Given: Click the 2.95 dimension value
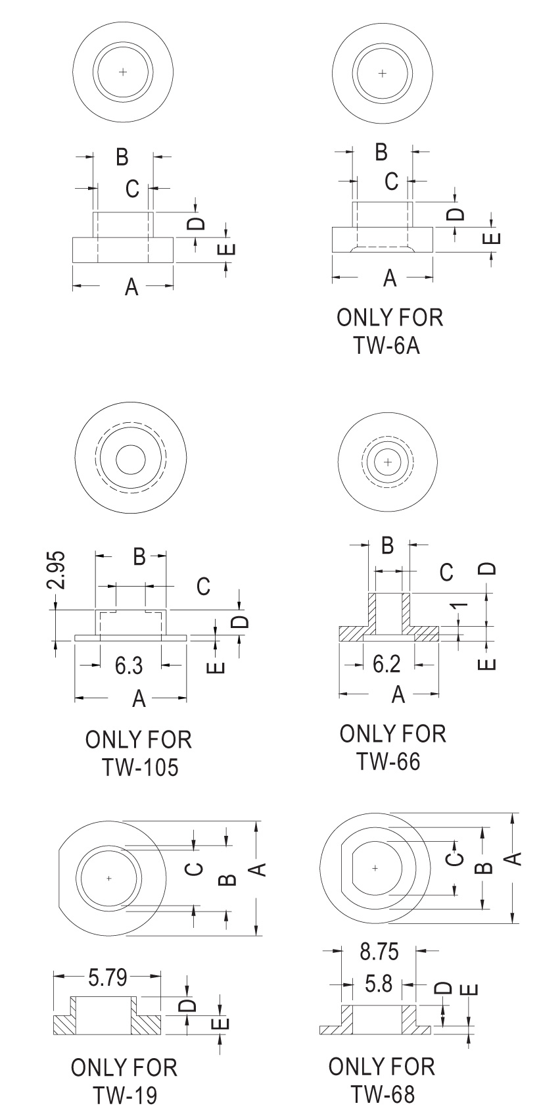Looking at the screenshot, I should coord(59,570).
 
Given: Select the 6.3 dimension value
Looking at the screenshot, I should coord(129,666).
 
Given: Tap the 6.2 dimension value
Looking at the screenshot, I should coord(387,664).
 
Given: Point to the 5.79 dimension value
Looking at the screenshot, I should coord(108,978).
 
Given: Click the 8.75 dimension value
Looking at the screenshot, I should coord(379,952).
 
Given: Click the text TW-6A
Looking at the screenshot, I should coord(387,345).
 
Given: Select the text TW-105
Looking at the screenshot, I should coord(140,767).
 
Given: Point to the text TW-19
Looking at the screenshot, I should coord(124,1095).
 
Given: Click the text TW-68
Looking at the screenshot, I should coord(383,1094).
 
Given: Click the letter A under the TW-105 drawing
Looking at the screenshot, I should coord(139,699).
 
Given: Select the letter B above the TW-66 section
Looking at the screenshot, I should coord(387,545).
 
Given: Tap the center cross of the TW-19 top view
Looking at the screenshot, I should coord(109,878).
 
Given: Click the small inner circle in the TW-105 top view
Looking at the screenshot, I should coord(130,460).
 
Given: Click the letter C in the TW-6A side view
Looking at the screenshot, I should coord(392,182).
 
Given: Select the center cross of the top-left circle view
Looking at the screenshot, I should coord(123,71).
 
